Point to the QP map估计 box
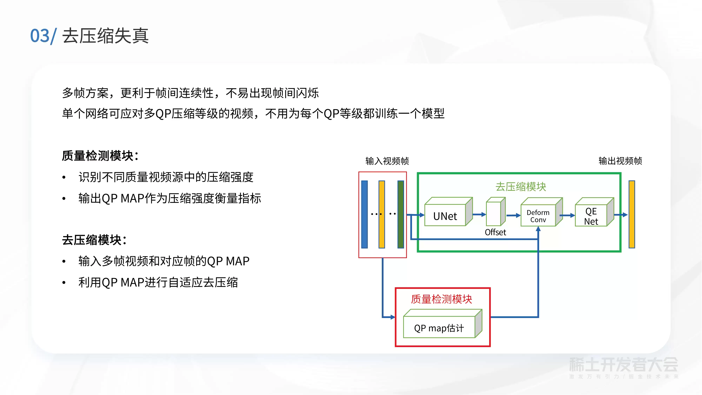(443, 324)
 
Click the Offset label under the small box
(495, 232)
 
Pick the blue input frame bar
(364, 214)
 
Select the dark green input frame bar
(401, 214)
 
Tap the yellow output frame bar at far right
(632, 214)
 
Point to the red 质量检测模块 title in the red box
(441, 299)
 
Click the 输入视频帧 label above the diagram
(387, 161)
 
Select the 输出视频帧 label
(620, 161)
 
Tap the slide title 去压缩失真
(105, 36)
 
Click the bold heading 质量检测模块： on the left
(100, 156)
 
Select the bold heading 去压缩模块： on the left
(94, 240)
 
